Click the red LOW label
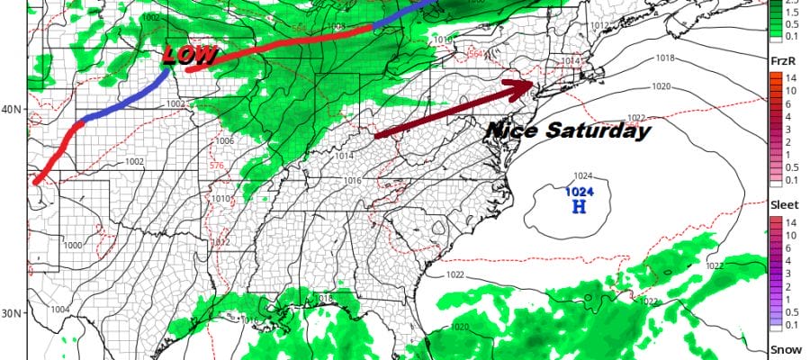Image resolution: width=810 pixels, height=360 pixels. (x=191, y=56)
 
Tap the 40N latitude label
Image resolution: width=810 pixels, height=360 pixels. (x=12, y=109)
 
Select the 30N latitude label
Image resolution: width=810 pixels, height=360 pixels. (x=12, y=313)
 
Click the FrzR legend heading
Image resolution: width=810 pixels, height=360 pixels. (x=782, y=58)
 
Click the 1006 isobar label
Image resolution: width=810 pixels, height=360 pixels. (x=224, y=141)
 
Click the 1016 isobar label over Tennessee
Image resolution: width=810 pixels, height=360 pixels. (x=351, y=182)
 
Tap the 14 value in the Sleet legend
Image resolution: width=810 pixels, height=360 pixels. (x=786, y=220)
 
